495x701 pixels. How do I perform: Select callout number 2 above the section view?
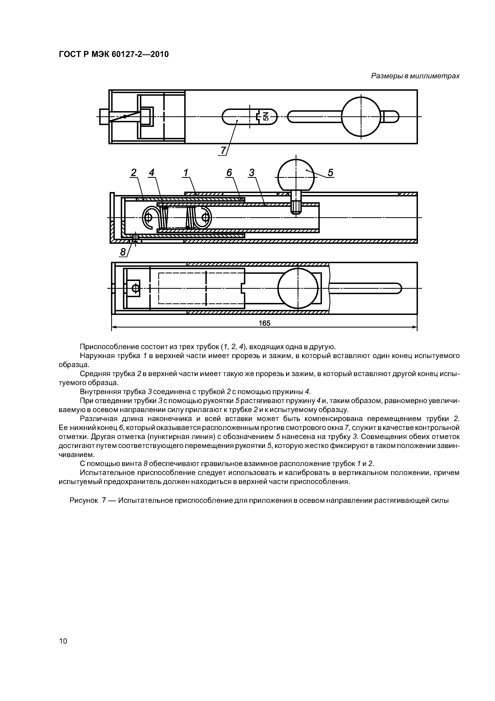pyautogui.click(x=134, y=173)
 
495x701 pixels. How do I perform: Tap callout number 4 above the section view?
pyautogui.click(x=151, y=173)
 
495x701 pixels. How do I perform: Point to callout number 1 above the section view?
pyautogui.click(x=185, y=173)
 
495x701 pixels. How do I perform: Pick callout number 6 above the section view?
pyautogui.click(x=229, y=173)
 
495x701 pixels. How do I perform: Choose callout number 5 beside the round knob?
pyautogui.click(x=330, y=173)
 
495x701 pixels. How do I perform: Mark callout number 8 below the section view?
pyautogui.click(x=123, y=252)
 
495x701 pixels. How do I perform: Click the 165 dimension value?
pyautogui.click(x=264, y=323)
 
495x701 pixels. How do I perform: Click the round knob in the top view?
pyautogui.click(x=361, y=117)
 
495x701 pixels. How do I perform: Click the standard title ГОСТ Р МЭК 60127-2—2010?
pyautogui.click(x=113, y=54)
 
